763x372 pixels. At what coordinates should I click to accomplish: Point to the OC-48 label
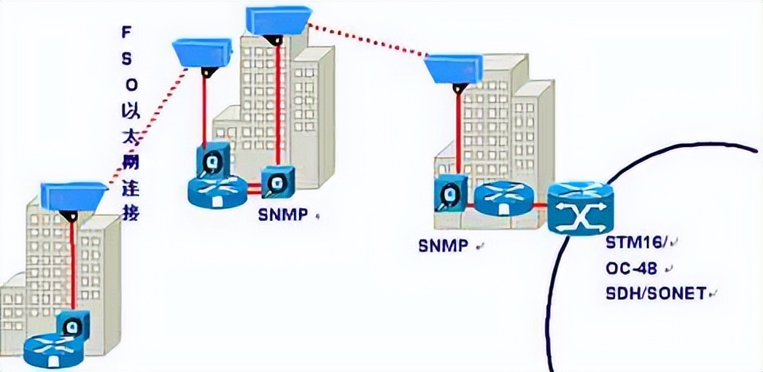pyautogui.click(x=629, y=269)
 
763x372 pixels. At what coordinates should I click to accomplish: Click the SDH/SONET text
pyautogui.click(x=655, y=293)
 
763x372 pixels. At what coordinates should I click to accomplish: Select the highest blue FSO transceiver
pyautogui.click(x=277, y=20)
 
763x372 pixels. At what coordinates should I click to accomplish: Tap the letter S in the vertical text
pyautogui.click(x=125, y=57)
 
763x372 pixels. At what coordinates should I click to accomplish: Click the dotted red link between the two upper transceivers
pyautogui.click(x=366, y=40)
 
